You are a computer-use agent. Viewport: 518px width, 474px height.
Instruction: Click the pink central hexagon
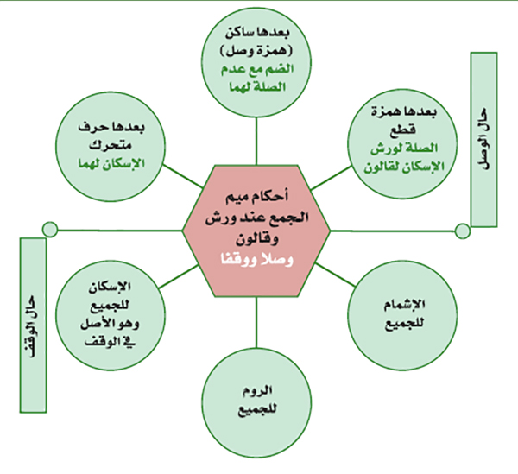256,231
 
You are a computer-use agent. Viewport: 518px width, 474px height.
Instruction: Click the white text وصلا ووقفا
256,260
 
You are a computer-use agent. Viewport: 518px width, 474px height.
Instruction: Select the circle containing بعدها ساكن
256,62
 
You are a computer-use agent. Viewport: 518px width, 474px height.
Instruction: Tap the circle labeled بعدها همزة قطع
402,143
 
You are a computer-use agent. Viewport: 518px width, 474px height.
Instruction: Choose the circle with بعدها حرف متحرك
111,146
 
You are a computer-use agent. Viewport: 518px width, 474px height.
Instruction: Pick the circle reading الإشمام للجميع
402,315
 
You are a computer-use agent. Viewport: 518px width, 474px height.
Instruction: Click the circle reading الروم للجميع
256,402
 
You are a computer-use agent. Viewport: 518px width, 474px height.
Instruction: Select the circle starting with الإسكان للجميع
111,315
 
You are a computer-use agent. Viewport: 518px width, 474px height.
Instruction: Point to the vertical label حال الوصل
484,139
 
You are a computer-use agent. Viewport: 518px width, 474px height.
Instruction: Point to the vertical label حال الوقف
33,325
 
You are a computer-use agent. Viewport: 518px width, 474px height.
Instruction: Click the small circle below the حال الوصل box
462,231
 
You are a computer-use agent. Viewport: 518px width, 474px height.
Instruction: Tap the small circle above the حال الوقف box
50,230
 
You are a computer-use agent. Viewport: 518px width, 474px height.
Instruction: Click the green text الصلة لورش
404,149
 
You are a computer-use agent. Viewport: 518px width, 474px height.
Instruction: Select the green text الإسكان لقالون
404,167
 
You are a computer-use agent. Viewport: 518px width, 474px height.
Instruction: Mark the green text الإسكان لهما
111,163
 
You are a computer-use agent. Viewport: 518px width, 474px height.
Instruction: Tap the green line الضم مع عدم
257,69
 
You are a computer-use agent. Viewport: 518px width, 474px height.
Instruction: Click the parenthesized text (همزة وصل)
256,51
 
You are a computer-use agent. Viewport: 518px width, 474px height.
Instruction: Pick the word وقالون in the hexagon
257,238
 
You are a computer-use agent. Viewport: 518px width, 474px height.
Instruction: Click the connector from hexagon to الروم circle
256,322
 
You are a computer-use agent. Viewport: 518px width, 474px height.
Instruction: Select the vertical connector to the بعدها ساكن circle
256,141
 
